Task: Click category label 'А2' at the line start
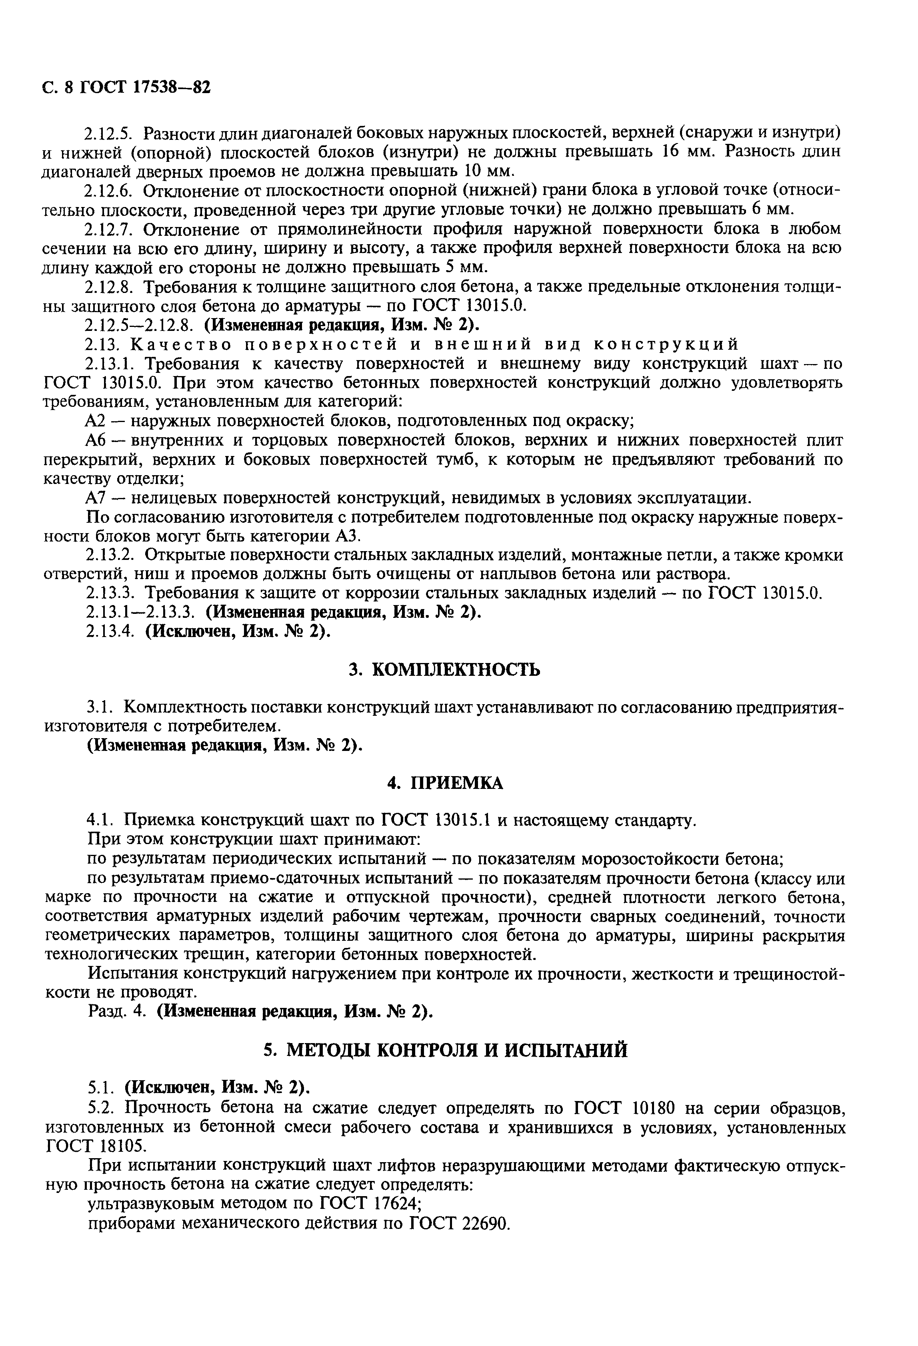pyautogui.click(x=94, y=421)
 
